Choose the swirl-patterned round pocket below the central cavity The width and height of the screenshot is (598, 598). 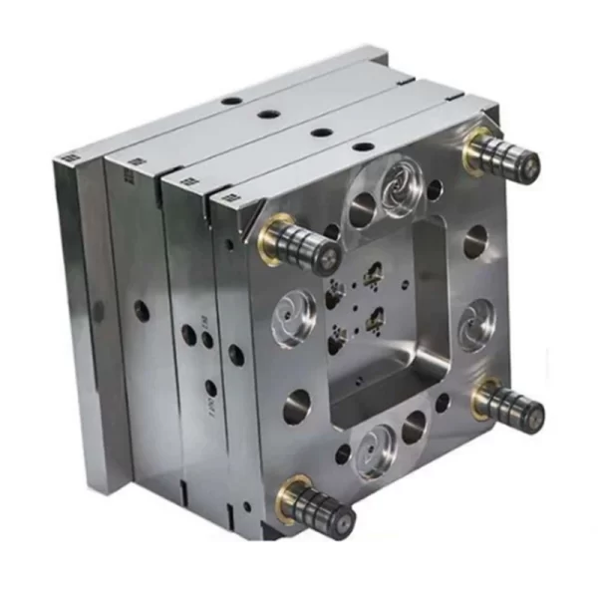(x=377, y=449)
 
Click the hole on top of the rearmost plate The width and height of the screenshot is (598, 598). (x=231, y=101)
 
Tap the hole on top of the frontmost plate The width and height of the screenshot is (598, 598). (x=364, y=148)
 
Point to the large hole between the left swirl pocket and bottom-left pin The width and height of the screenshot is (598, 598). (x=296, y=406)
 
